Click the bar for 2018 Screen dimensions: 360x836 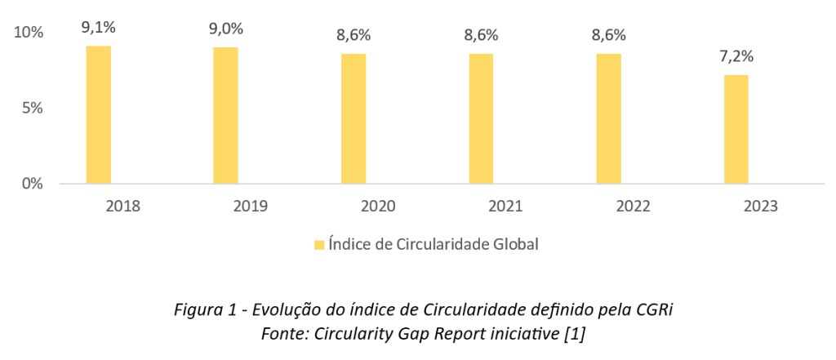[x=98, y=114]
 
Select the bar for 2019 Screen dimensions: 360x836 [x=225, y=115]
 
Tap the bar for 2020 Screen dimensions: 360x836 [x=354, y=118]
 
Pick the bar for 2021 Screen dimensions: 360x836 [x=481, y=118]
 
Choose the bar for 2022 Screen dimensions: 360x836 [x=608, y=118]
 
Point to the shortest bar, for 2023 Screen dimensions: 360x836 [x=736, y=129]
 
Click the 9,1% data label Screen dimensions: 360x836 [x=98, y=28]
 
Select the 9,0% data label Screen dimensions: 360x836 [x=225, y=29]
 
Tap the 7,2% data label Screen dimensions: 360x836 [x=736, y=57]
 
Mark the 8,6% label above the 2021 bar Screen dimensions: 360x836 [x=481, y=35]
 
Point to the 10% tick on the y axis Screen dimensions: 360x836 [x=29, y=33]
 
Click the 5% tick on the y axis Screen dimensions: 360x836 [x=33, y=108]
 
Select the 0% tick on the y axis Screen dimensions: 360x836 [x=33, y=184]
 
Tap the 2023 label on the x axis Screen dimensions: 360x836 [x=761, y=206]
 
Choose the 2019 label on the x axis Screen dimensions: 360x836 [x=251, y=206]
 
